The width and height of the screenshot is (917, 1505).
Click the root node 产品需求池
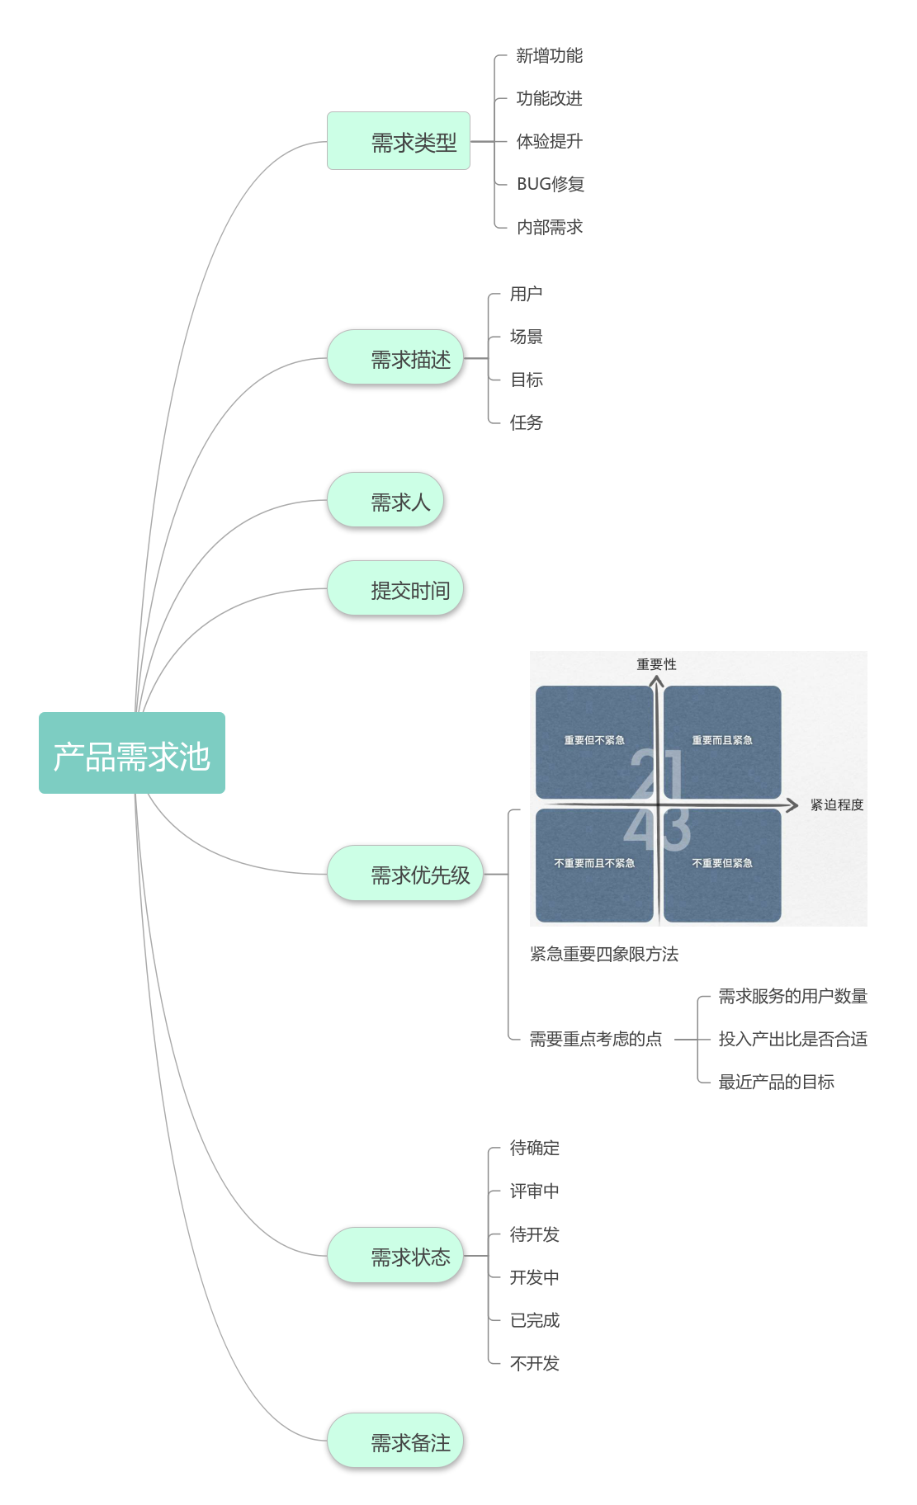[x=132, y=753]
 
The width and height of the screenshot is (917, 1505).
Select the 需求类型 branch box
[x=399, y=141]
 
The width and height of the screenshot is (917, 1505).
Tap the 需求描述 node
[x=395, y=358]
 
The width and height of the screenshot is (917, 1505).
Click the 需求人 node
[x=385, y=500]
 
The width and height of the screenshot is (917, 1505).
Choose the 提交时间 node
[x=395, y=588]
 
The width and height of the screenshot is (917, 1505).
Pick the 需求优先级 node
[x=405, y=874]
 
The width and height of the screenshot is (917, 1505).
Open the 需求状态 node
[x=395, y=1256]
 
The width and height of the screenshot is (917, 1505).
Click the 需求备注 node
[x=395, y=1441]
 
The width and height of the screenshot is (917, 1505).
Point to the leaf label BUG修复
[x=550, y=184]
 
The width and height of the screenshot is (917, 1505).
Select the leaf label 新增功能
[x=549, y=55]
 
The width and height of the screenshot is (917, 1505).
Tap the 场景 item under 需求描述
[x=526, y=337]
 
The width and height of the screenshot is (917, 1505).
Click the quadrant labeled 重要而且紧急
[x=722, y=740]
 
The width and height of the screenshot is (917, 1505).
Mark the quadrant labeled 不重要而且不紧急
[x=594, y=863]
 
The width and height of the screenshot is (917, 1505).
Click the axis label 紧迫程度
[x=836, y=804]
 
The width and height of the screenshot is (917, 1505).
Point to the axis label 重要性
[x=656, y=664]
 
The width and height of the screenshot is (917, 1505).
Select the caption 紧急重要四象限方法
[x=603, y=955]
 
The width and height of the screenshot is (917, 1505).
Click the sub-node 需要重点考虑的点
[x=595, y=1040]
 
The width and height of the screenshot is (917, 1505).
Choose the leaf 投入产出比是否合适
[x=792, y=1040]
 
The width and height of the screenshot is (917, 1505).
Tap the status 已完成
[x=534, y=1320]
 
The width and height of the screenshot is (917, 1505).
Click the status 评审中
[x=534, y=1191]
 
